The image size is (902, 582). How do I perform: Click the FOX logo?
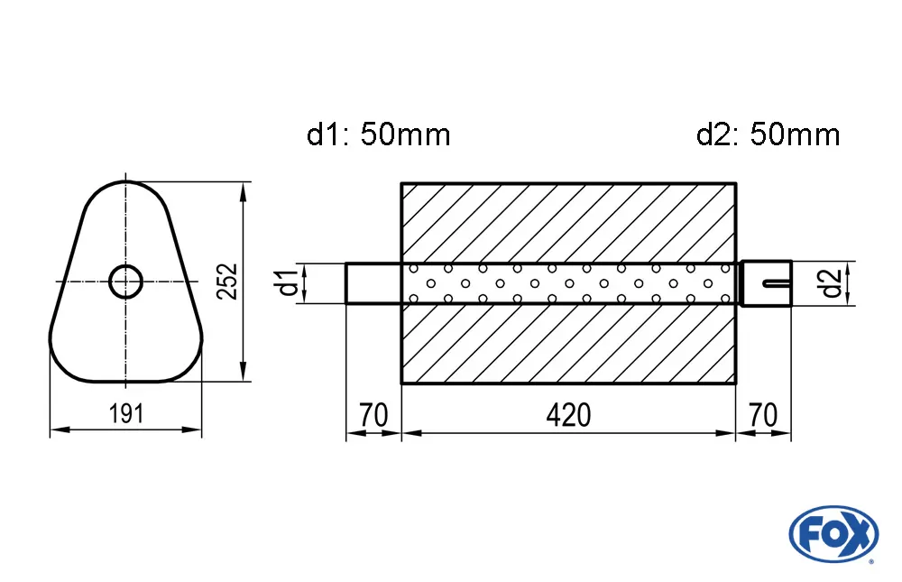(x=833, y=532)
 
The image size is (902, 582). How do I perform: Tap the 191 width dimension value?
(x=126, y=414)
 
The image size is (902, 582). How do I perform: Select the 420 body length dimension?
(x=568, y=415)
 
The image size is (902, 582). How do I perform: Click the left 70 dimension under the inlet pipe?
(x=373, y=415)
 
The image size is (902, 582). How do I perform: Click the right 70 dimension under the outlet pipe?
(x=763, y=415)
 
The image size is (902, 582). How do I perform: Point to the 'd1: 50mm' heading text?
(x=378, y=135)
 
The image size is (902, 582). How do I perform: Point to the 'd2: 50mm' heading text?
(x=768, y=135)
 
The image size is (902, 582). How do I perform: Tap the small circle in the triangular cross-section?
(x=126, y=282)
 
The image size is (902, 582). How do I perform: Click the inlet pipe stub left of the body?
(x=373, y=282)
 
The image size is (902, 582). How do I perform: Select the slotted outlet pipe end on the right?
(x=766, y=282)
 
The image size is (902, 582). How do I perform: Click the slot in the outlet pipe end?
(x=776, y=284)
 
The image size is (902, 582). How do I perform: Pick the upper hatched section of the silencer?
(x=568, y=222)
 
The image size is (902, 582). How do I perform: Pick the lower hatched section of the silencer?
(x=568, y=343)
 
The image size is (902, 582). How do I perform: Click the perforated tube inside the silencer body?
(x=568, y=282)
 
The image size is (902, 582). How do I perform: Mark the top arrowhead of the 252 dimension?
(x=244, y=190)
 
